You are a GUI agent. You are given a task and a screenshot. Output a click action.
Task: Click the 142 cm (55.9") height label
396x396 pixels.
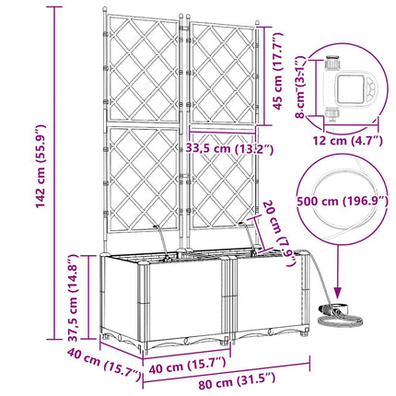coord(41,167)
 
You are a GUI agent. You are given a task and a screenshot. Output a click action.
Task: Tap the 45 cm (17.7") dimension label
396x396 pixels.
coord(278,71)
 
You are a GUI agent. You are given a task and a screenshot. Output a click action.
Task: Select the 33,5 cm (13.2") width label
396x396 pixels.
coord(229,148)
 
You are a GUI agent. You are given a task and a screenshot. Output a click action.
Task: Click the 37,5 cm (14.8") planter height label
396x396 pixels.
coord(73,298)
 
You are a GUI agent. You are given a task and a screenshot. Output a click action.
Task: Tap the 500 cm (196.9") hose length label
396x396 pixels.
coord(343,202)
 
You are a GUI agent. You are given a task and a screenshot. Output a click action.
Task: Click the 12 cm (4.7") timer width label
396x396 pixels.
coord(348,141)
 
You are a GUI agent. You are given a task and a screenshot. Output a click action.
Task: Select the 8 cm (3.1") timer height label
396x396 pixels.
coord(301,87)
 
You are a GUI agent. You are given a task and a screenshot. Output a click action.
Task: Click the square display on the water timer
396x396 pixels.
coord(350,89)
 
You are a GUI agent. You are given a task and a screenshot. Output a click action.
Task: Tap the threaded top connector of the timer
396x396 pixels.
coord(332,63)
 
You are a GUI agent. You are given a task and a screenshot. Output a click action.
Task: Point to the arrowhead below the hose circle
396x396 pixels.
coord(338,294)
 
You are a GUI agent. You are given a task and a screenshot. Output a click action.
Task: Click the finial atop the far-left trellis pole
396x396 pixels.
coord(105,9)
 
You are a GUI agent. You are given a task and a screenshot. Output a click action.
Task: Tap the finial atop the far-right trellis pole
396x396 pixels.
coord(257,23)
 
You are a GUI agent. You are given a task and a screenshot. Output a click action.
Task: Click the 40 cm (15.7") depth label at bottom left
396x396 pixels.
coord(104,365)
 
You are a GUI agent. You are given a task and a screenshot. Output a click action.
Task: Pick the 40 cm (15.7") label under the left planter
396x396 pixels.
coord(187,364)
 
